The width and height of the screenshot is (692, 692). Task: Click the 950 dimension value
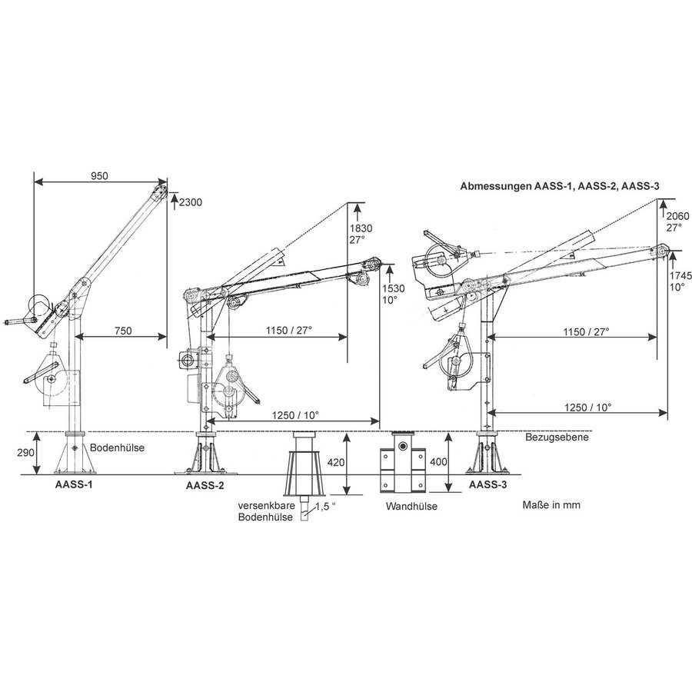[100, 175]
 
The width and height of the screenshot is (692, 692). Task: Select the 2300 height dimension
[191, 202]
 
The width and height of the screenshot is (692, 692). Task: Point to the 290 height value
[25, 453]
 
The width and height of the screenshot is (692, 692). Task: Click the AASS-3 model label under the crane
[486, 485]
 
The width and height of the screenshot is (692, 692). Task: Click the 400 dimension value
[458, 464]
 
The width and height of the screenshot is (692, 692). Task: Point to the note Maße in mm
[551, 506]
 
